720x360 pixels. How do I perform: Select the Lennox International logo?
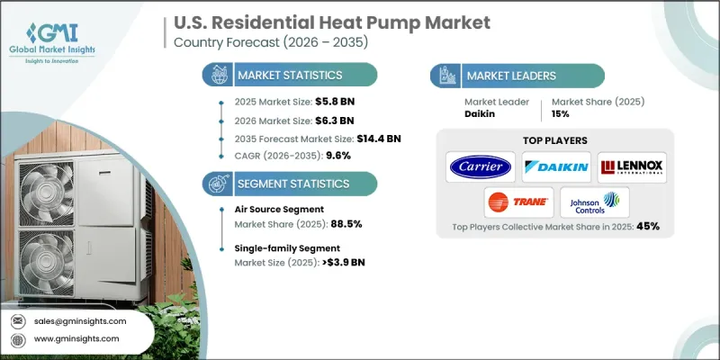(631, 166)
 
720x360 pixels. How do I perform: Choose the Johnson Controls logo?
(594, 202)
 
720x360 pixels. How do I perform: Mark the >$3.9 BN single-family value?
(344, 263)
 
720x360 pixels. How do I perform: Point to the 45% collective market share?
(649, 226)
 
